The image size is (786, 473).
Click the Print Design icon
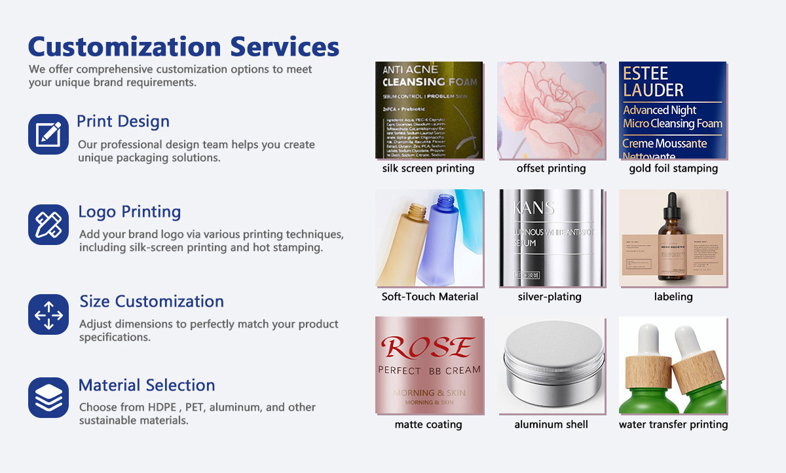pyautogui.click(x=48, y=134)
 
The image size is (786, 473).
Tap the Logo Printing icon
pyautogui.click(x=48, y=224)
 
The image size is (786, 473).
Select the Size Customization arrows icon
pyautogui.click(x=48, y=314)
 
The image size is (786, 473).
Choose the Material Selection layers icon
pyautogui.click(x=48, y=398)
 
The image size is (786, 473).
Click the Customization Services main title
pyautogui.click(x=183, y=47)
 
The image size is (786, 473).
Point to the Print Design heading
pyautogui.click(x=123, y=121)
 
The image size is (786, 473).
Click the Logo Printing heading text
pyautogui.click(x=130, y=212)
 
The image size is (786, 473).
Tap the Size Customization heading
pyautogui.click(x=152, y=301)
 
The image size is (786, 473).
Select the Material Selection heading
pyautogui.click(x=147, y=385)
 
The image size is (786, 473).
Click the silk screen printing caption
pyautogui.click(x=428, y=168)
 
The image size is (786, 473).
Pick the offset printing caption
pyautogui.click(x=551, y=168)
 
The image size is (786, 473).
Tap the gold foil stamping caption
pyautogui.click(x=673, y=168)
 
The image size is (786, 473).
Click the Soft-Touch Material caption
pyautogui.click(x=430, y=297)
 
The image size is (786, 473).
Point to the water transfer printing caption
pyautogui.click(x=673, y=425)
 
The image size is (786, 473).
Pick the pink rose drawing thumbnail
pyautogui.click(x=551, y=110)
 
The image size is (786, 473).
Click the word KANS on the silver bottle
pyautogui.click(x=534, y=209)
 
